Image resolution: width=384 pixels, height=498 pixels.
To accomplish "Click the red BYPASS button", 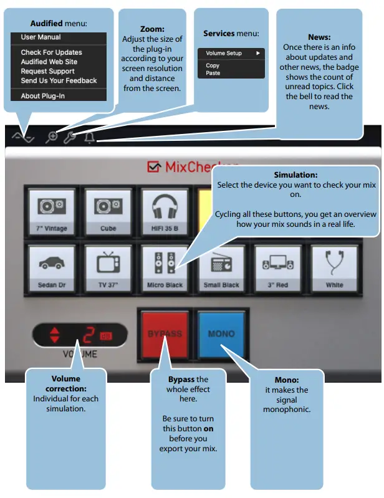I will pos(165,333).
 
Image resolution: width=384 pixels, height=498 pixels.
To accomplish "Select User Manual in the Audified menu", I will pos(41,37).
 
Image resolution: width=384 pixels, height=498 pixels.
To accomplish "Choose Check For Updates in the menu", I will pos(51,52).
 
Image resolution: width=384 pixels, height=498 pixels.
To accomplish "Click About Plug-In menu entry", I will pos(42,96).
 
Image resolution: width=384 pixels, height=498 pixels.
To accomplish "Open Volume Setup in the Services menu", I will pos(224,54).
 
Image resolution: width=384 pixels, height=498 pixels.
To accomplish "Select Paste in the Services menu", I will pos(213,73).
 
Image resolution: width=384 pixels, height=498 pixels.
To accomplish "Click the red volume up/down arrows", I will pos(54,334).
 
